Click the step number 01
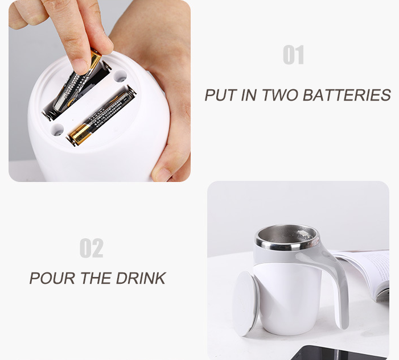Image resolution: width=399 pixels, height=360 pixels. click(293, 55)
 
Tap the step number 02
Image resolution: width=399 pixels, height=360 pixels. click(91, 248)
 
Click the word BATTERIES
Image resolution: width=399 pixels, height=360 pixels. click(347, 95)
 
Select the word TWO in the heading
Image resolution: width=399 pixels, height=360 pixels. click(279, 95)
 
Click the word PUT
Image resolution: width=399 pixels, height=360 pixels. click(221, 95)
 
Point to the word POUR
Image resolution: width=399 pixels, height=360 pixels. click(52, 278)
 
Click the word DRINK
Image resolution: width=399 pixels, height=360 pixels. click(141, 278)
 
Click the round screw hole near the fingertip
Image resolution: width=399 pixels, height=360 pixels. click(120, 76)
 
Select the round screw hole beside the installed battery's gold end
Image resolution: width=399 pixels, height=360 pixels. click(57, 130)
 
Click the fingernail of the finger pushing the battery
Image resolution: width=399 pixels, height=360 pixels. click(81, 67)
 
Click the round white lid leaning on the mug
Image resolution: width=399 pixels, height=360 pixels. click(245, 303)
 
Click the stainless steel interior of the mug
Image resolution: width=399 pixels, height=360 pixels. click(287, 235)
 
